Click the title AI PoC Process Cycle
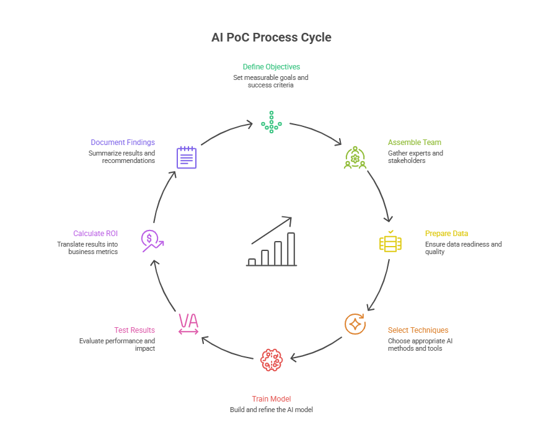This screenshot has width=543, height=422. pyautogui.click(x=271, y=37)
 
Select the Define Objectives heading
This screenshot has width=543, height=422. pyautogui.click(x=271, y=66)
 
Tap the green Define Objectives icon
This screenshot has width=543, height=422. pyautogui.click(x=271, y=122)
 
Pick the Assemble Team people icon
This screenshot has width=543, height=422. pyautogui.click(x=355, y=157)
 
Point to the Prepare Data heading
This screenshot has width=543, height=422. pyautogui.click(x=446, y=234)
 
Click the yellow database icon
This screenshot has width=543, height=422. pyautogui.click(x=391, y=242)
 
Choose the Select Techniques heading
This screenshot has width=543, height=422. pyautogui.click(x=418, y=330)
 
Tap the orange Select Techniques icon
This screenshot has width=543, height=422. pyautogui.click(x=355, y=324)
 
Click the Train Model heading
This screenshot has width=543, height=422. pyautogui.click(x=271, y=398)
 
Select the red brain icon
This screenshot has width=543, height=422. pyautogui.click(x=271, y=360)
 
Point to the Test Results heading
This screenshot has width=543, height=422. pyautogui.click(x=135, y=330)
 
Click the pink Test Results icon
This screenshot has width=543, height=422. pyautogui.click(x=188, y=324)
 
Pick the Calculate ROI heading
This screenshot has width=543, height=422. pyautogui.click(x=95, y=234)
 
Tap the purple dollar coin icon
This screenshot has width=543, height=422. pyautogui.click(x=151, y=240)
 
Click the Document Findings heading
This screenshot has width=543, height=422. pyautogui.click(x=123, y=142)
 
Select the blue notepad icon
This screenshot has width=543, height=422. pyautogui.click(x=187, y=157)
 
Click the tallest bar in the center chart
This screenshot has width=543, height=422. pyautogui.click(x=291, y=249)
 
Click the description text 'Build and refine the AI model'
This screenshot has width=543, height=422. pyautogui.click(x=271, y=410)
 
